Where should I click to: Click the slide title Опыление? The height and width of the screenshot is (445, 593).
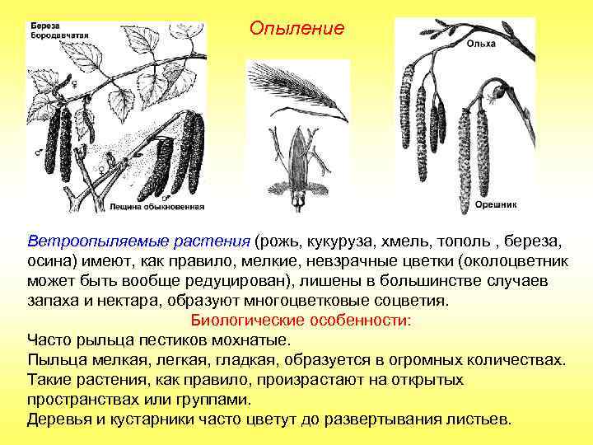[x=296, y=28]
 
